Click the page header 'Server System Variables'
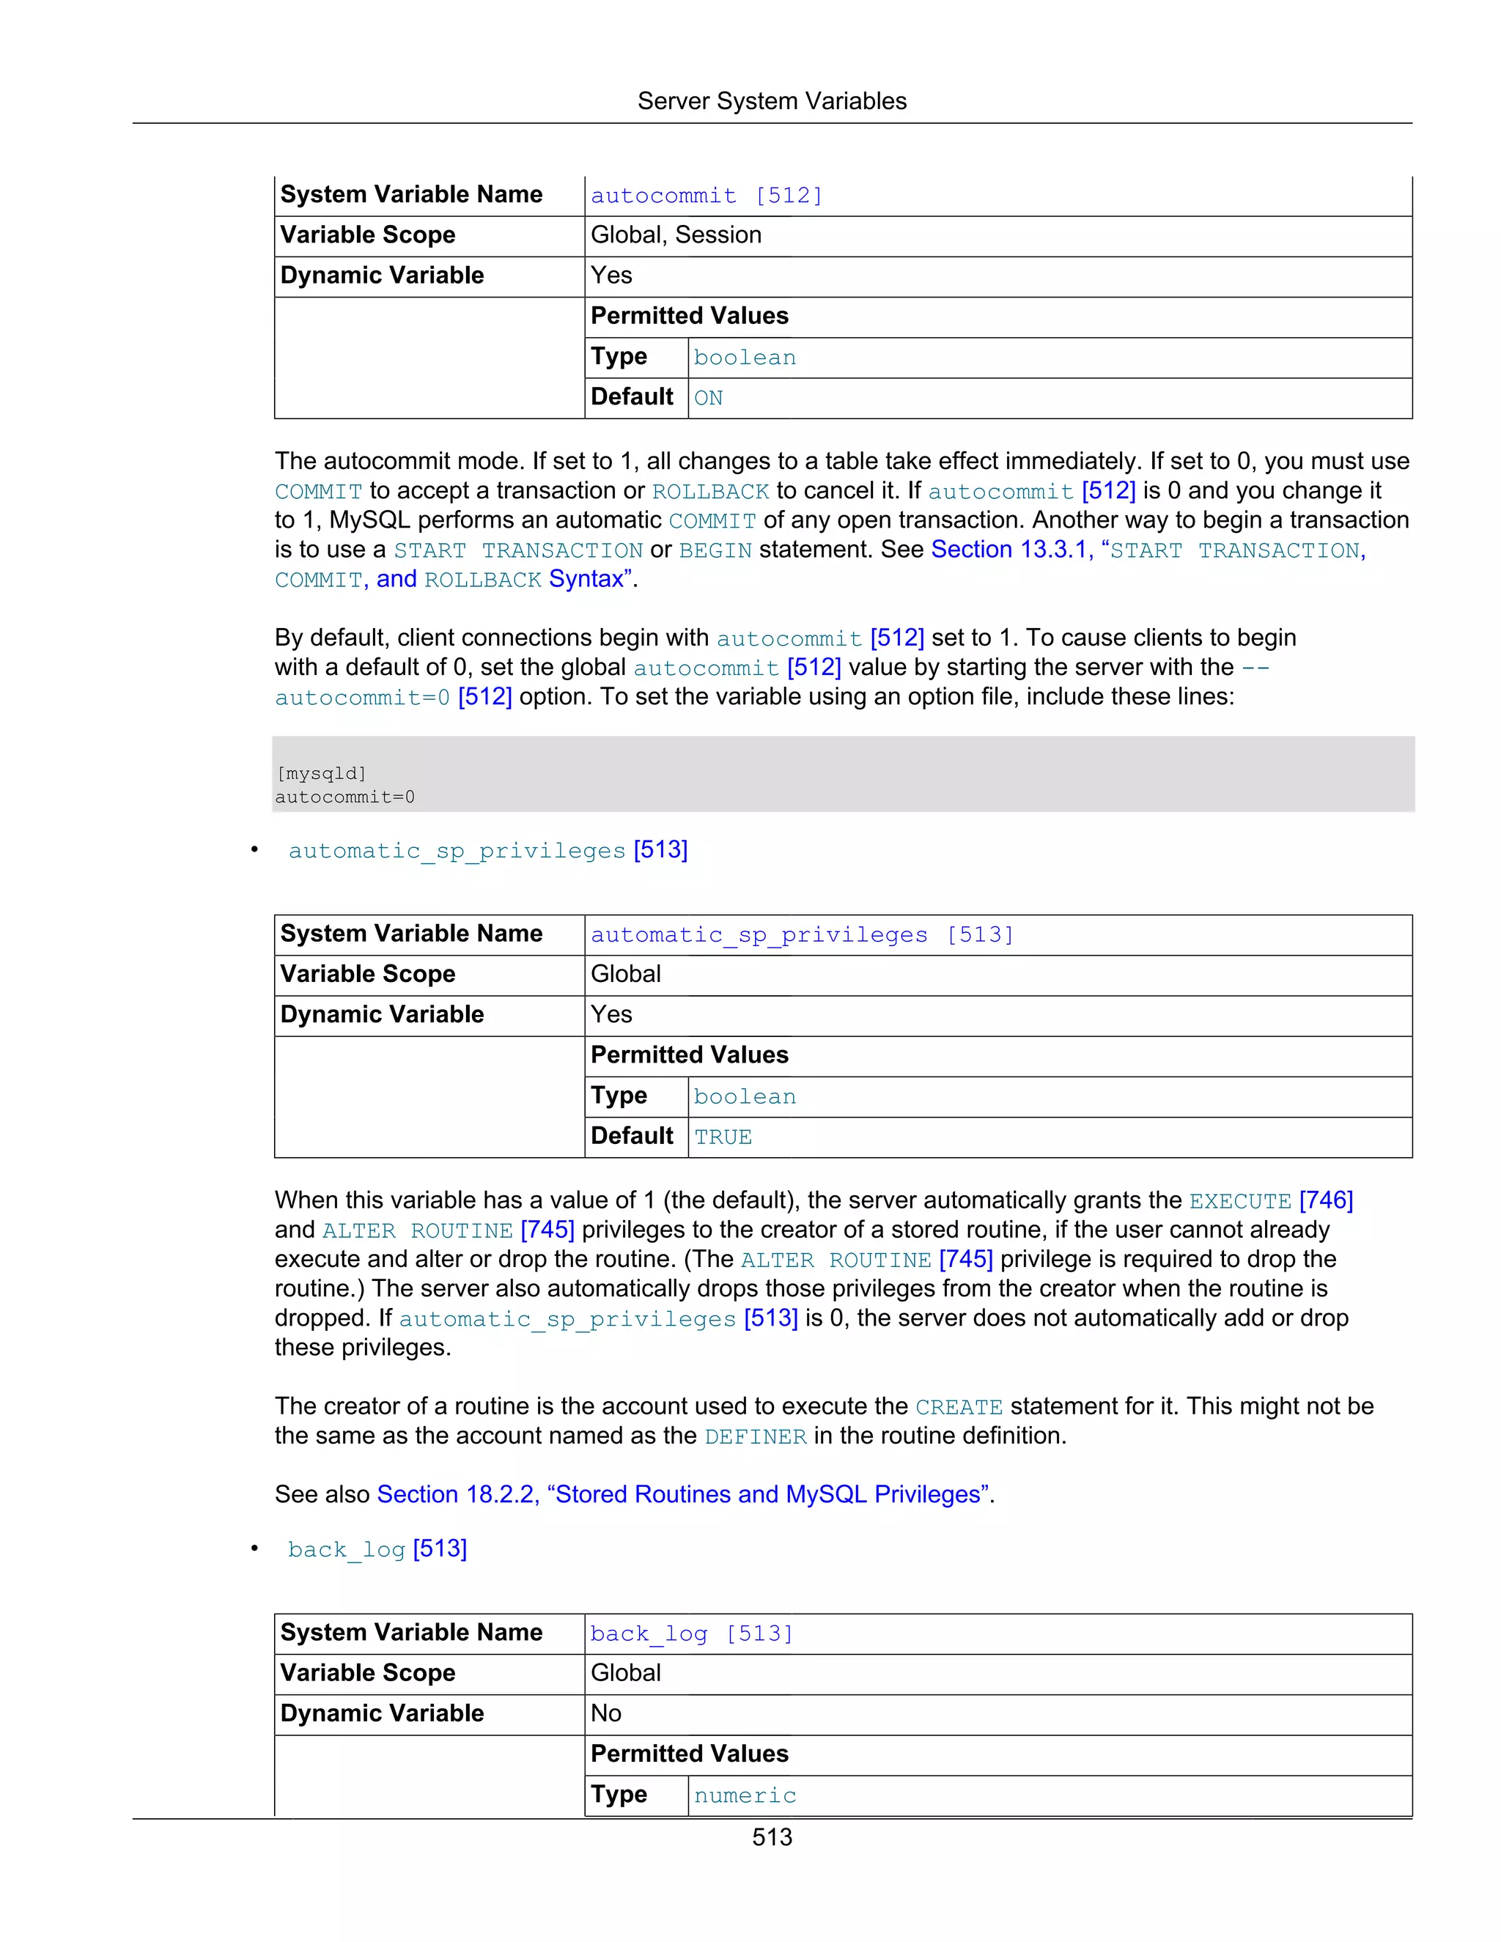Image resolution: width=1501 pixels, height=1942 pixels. (x=771, y=101)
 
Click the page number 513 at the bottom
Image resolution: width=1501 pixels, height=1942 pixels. (x=771, y=1837)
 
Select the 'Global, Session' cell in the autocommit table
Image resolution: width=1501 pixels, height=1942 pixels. (x=676, y=235)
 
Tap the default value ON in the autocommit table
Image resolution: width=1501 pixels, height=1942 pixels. (x=708, y=397)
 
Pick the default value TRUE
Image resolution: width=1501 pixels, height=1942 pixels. (x=723, y=1137)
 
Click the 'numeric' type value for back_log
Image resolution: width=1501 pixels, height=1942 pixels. (x=745, y=1795)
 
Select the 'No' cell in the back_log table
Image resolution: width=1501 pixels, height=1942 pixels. (x=605, y=1713)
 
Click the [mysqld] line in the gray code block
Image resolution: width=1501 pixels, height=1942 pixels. (x=321, y=774)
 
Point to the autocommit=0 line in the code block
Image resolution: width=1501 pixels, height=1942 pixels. (x=345, y=797)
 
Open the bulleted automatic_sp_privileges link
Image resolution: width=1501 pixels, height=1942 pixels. (x=487, y=850)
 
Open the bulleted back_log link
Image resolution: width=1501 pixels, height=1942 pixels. (x=377, y=1549)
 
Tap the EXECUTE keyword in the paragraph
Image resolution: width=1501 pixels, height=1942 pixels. (x=1239, y=1201)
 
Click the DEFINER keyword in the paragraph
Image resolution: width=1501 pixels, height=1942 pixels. (x=755, y=1436)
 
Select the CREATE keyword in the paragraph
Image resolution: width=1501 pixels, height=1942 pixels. (x=959, y=1407)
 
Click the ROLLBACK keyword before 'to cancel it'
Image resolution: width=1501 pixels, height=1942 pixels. (x=709, y=492)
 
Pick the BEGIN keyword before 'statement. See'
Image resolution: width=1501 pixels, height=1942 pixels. (x=715, y=550)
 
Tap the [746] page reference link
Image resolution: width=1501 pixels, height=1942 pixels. (x=1326, y=1200)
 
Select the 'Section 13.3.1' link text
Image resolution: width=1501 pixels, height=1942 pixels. (x=1009, y=550)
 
